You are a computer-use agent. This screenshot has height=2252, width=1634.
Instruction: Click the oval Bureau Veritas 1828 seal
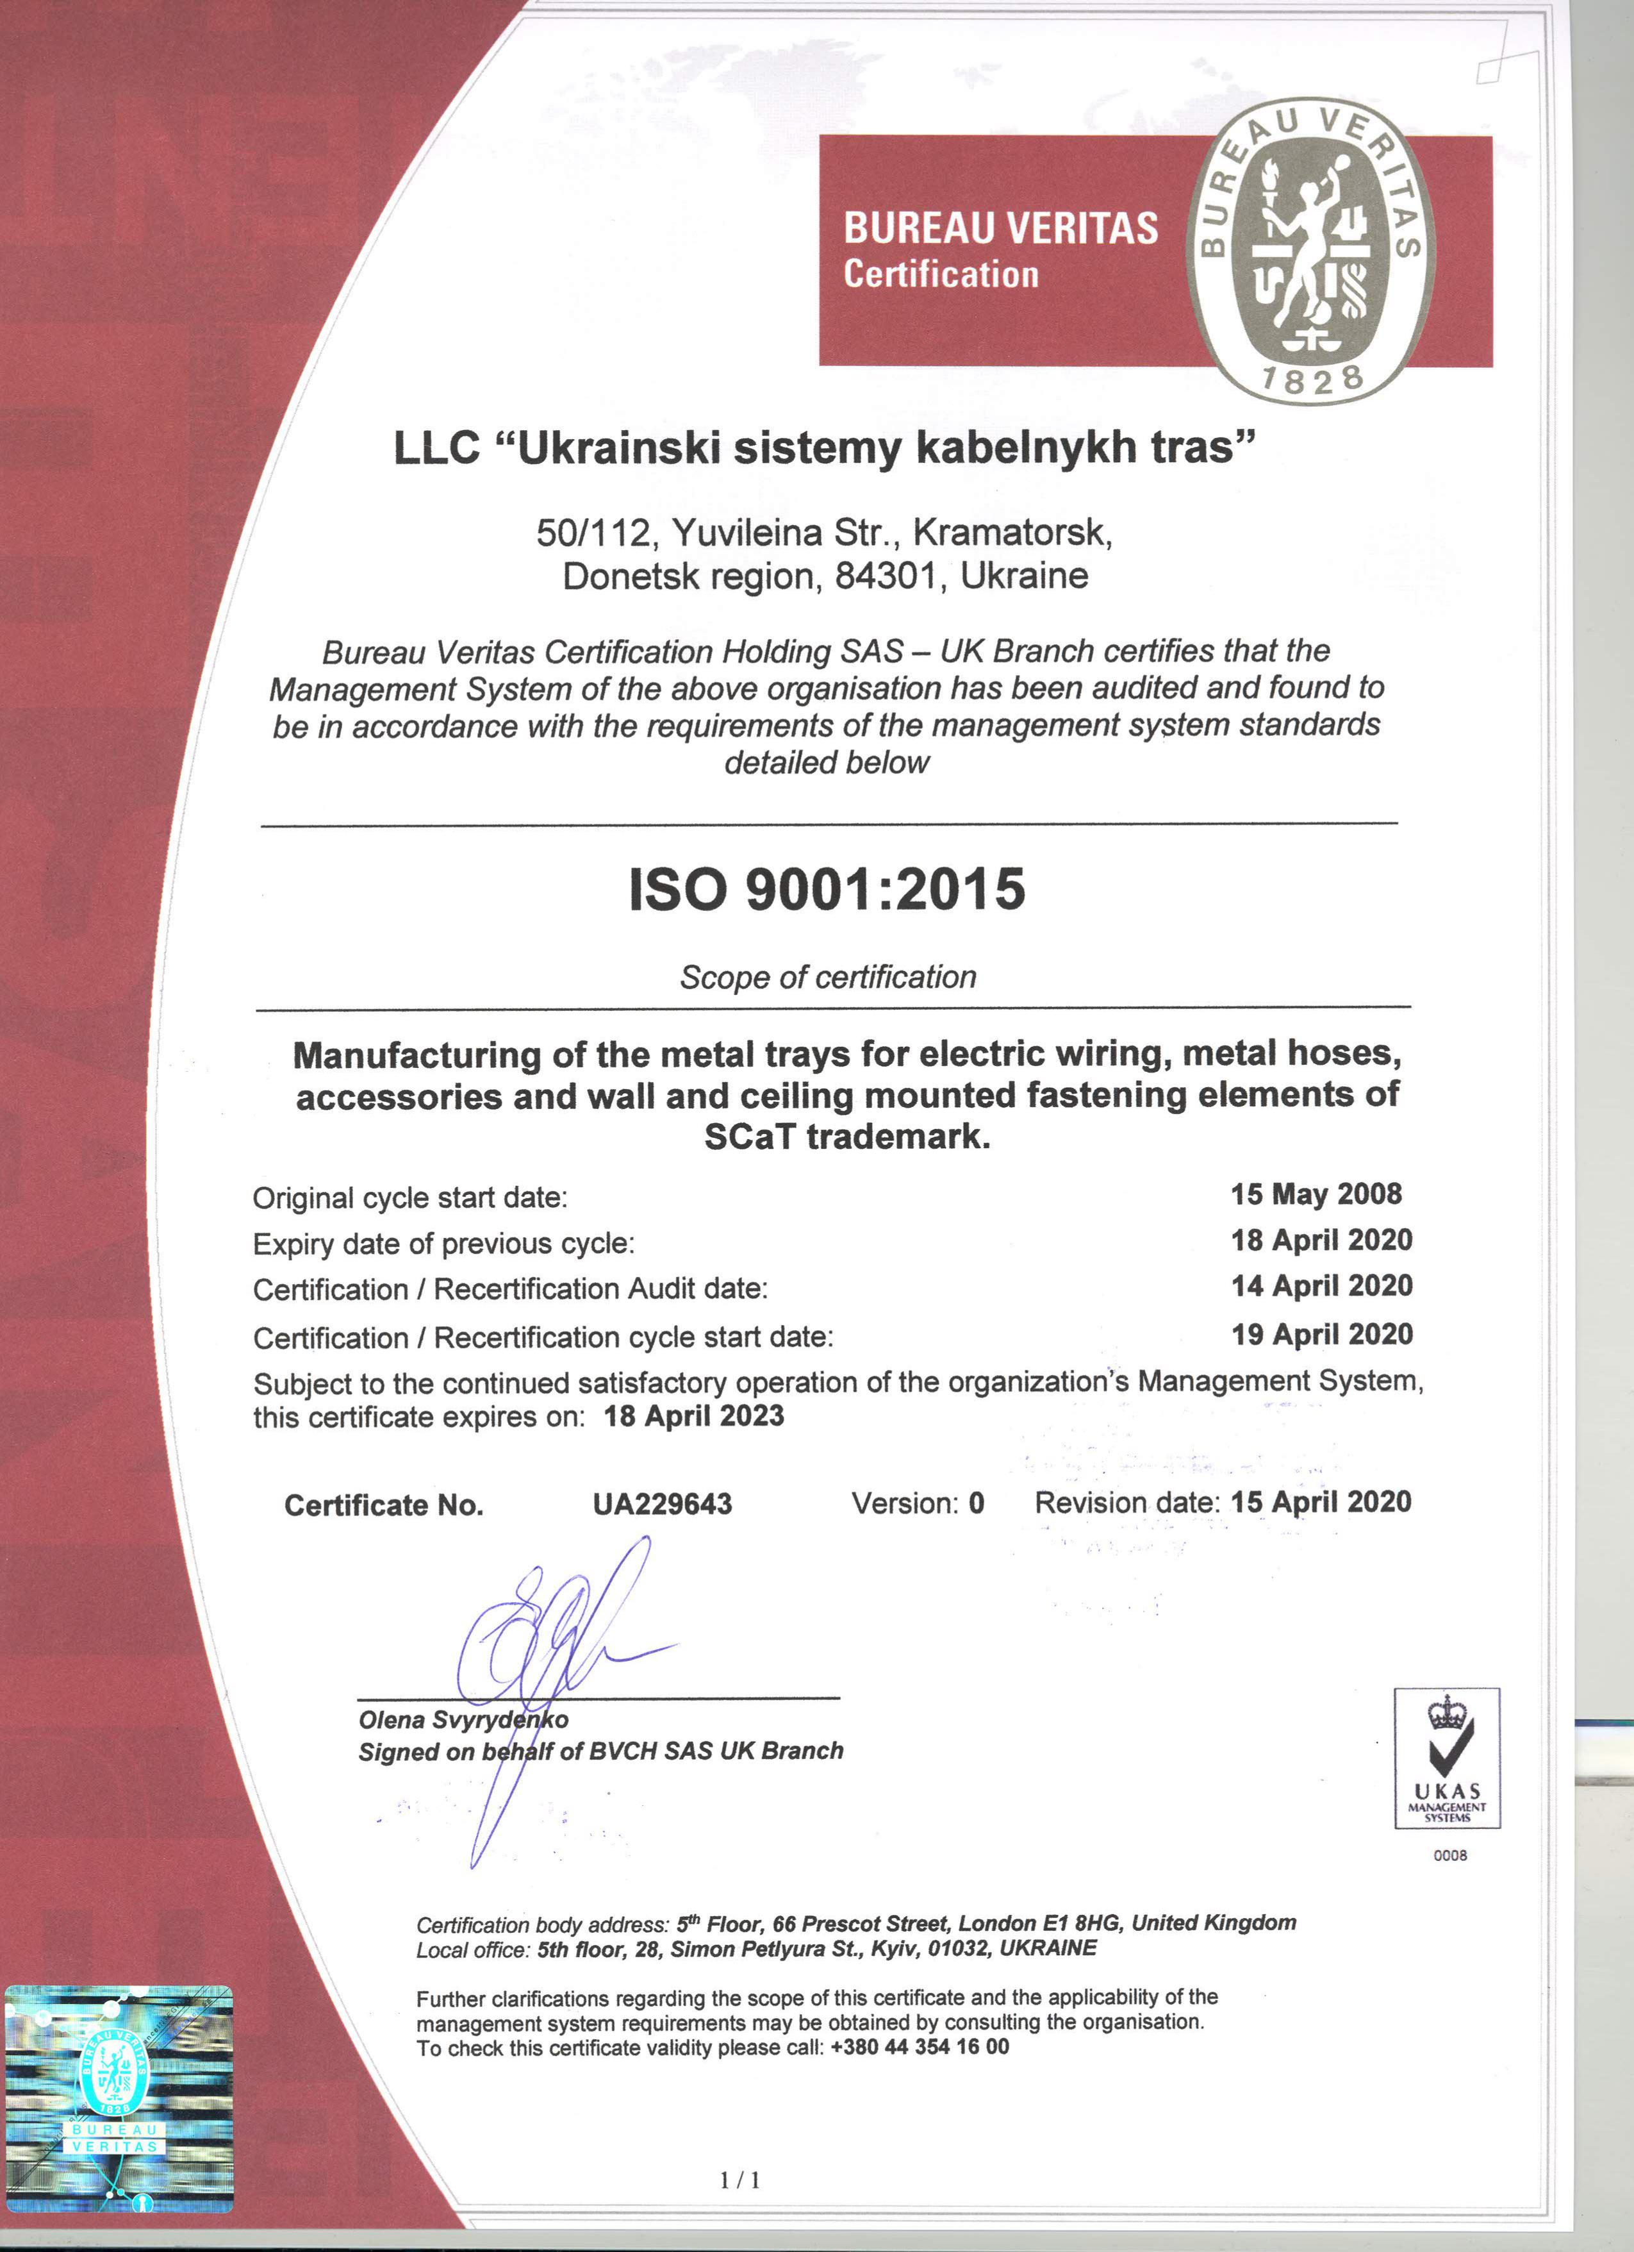pyautogui.click(x=1310, y=251)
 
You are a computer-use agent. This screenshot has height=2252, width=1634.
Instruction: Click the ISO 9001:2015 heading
pyautogui.click(x=827, y=888)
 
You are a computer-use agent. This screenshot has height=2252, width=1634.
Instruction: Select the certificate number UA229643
pyautogui.click(x=662, y=1505)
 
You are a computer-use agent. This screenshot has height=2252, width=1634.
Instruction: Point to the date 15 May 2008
pyautogui.click(x=1316, y=1194)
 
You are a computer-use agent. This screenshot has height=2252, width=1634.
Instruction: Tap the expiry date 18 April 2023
pyautogui.click(x=694, y=1416)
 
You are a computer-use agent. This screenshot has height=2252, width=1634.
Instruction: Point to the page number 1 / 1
pyautogui.click(x=739, y=2180)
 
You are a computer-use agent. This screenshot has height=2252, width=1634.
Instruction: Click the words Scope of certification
pyautogui.click(x=828, y=977)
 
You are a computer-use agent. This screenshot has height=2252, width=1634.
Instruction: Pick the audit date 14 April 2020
pyautogui.click(x=1321, y=1286)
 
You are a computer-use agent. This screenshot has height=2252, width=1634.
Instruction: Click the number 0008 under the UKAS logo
pyautogui.click(x=1449, y=1855)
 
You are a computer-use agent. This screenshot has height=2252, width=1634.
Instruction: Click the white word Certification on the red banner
pyautogui.click(x=941, y=274)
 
